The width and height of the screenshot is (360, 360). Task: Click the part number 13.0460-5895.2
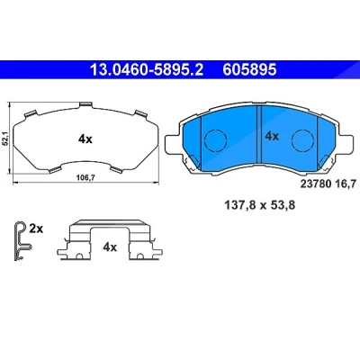coord(147,70)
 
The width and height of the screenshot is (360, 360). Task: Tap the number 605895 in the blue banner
coord(249,70)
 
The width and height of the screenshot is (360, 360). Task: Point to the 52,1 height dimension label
coord(4,139)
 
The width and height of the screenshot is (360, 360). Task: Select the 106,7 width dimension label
coord(85,178)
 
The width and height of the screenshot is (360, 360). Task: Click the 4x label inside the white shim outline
coord(85,139)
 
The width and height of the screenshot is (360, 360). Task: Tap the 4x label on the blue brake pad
coord(272,137)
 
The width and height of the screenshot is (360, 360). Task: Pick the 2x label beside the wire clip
coord(36,229)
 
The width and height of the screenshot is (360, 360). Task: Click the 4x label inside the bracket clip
coord(110,247)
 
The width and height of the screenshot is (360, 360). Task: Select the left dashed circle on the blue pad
coord(215,140)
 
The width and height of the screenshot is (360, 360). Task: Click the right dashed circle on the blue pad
coord(303,140)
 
